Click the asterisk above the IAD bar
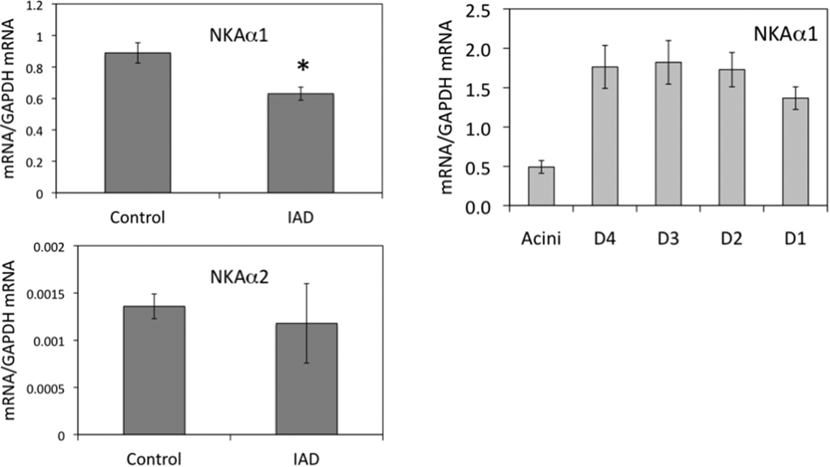(x=303, y=67)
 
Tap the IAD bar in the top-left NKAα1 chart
(x=301, y=143)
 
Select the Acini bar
(x=542, y=186)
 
